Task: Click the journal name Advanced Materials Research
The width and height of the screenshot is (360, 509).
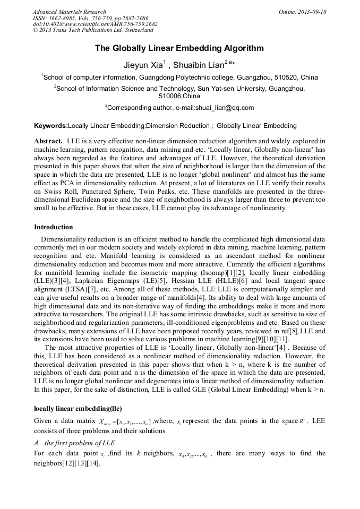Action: [69, 12]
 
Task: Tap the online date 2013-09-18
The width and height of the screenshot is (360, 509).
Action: [311, 12]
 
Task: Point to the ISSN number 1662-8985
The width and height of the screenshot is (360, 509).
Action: [67, 18]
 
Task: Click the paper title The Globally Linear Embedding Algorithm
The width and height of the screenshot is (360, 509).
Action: [179, 48]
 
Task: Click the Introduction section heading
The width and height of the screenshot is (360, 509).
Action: [54, 227]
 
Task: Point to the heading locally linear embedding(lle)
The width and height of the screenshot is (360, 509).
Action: [78, 409]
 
